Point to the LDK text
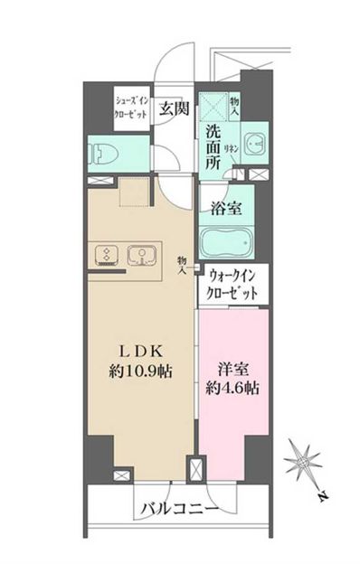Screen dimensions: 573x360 coord(146,351)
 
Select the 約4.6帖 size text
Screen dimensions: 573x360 coord(232,390)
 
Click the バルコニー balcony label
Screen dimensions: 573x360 coord(178,510)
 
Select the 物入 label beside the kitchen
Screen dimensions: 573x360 coord(182,263)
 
